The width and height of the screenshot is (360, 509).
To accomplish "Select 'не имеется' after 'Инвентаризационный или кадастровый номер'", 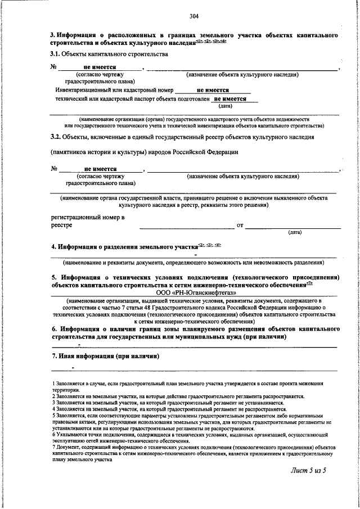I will (213, 89).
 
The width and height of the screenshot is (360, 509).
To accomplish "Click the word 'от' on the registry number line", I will (240, 226).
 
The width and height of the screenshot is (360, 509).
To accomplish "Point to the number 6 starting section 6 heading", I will (53, 328).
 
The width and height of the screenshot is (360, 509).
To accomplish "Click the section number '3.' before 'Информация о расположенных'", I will (53, 36).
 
